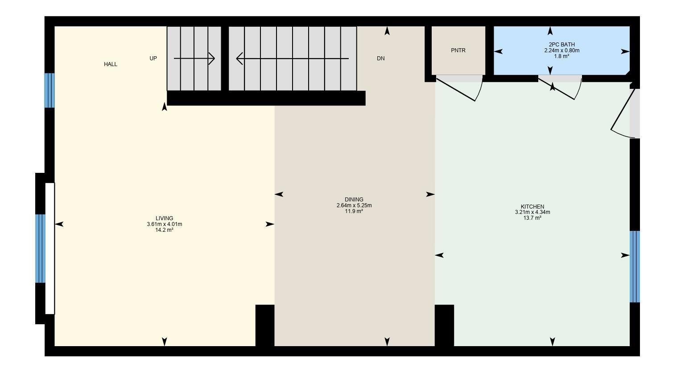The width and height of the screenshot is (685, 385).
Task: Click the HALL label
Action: click(x=111, y=64)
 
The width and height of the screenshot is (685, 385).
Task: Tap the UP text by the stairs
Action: click(x=153, y=59)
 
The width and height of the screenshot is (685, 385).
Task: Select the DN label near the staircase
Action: click(x=380, y=59)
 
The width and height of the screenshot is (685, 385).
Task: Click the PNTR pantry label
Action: click(x=458, y=50)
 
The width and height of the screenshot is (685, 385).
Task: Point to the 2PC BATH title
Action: click(x=561, y=45)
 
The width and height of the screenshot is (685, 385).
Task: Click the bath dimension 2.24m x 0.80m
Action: click(x=561, y=50)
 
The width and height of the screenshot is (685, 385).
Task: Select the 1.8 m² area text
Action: click(x=561, y=56)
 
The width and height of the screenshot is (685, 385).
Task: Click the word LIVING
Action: click(x=164, y=218)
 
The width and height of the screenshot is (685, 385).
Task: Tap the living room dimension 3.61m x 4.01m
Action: click(x=164, y=224)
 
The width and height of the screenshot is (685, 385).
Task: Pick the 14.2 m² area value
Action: click(x=164, y=230)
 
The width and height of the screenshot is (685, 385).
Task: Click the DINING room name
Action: click(x=354, y=200)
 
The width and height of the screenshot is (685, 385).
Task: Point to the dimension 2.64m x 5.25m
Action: click(x=354, y=205)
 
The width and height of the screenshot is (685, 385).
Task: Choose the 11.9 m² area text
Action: click(x=354, y=211)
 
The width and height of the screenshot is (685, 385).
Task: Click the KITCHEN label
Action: click(x=532, y=206)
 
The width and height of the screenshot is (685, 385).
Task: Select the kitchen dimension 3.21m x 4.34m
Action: click(x=532, y=212)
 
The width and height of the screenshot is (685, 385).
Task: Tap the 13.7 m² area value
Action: click(x=532, y=218)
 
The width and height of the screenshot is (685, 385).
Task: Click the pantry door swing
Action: click(x=464, y=89)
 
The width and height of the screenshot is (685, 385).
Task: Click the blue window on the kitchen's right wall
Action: click(x=635, y=267)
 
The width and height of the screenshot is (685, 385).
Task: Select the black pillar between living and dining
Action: click(x=264, y=325)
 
